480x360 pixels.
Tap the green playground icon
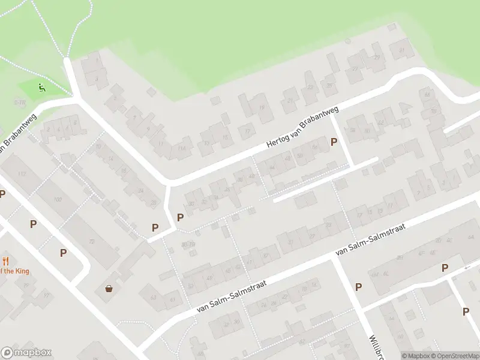pyautogui.click(x=41, y=88)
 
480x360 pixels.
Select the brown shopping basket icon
pyautogui.click(x=109, y=289)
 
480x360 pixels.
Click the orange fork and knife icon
pyautogui.click(x=6, y=260)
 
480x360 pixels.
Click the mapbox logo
pyautogui.click(x=26, y=353)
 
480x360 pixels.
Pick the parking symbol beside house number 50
pyautogui.click(x=334, y=142)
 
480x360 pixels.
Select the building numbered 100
pyautogui.click(x=58, y=199)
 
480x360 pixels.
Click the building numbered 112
pyautogui.click(x=23, y=174)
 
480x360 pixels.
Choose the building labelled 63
pyautogui.click(x=153, y=297)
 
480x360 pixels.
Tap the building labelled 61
pyautogui.click(x=173, y=299)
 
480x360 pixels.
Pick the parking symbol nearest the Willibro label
pyautogui.click(x=358, y=287)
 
